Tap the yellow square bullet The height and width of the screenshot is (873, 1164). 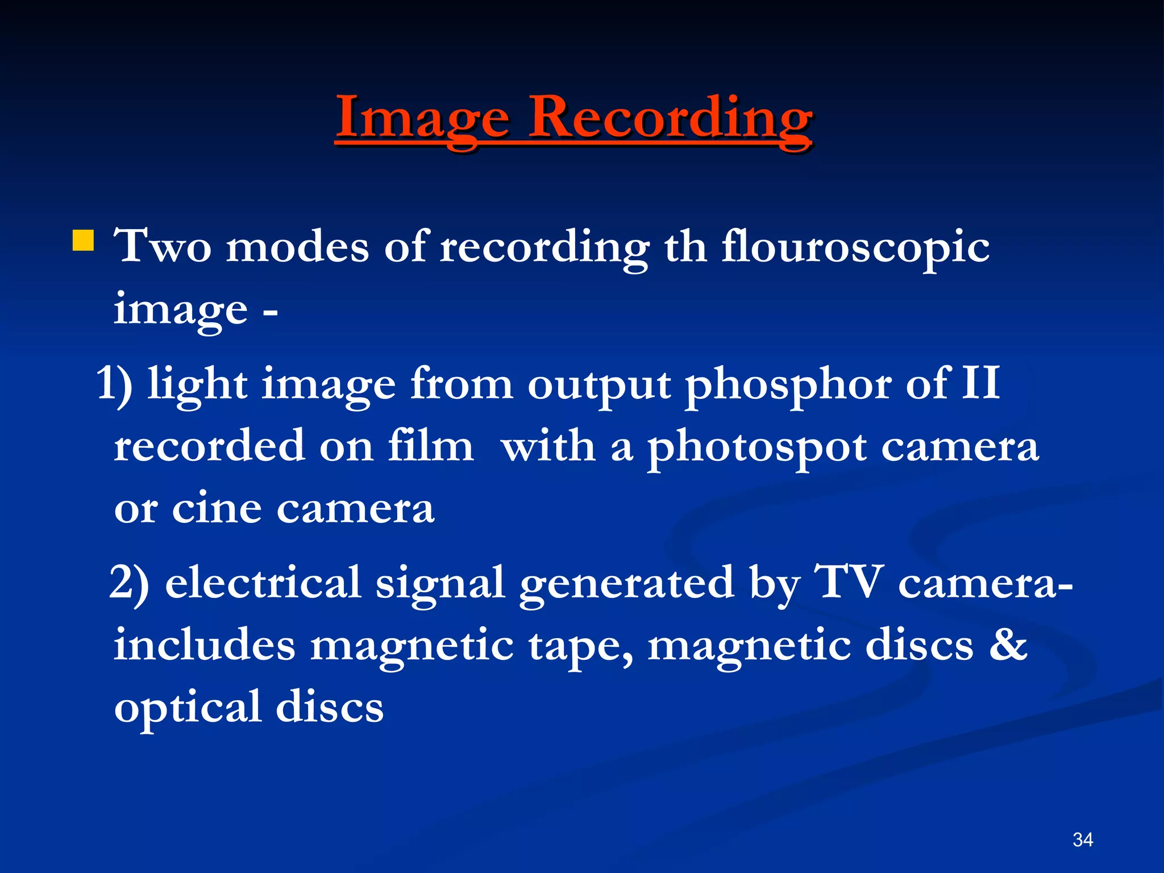(83, 240)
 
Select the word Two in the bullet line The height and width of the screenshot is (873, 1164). (162, 247)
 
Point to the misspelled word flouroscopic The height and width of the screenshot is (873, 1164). (855, 247)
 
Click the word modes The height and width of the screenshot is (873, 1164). (297, 247)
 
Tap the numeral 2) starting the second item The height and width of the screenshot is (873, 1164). (129, 582)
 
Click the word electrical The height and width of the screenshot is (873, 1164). (263, 582)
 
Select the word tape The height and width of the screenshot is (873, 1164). (580, 647)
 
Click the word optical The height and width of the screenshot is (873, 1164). (188, 708)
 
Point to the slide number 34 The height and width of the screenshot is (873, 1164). (1083, 839)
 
